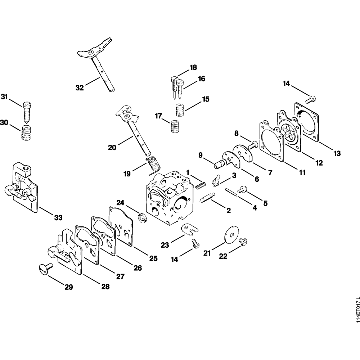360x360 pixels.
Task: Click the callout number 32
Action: (x=80, y=87)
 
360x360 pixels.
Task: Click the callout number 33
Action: (x=58, y=217)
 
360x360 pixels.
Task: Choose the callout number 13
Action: (x=337, y=154)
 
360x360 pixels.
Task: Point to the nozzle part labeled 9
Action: (x=219, y=164)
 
